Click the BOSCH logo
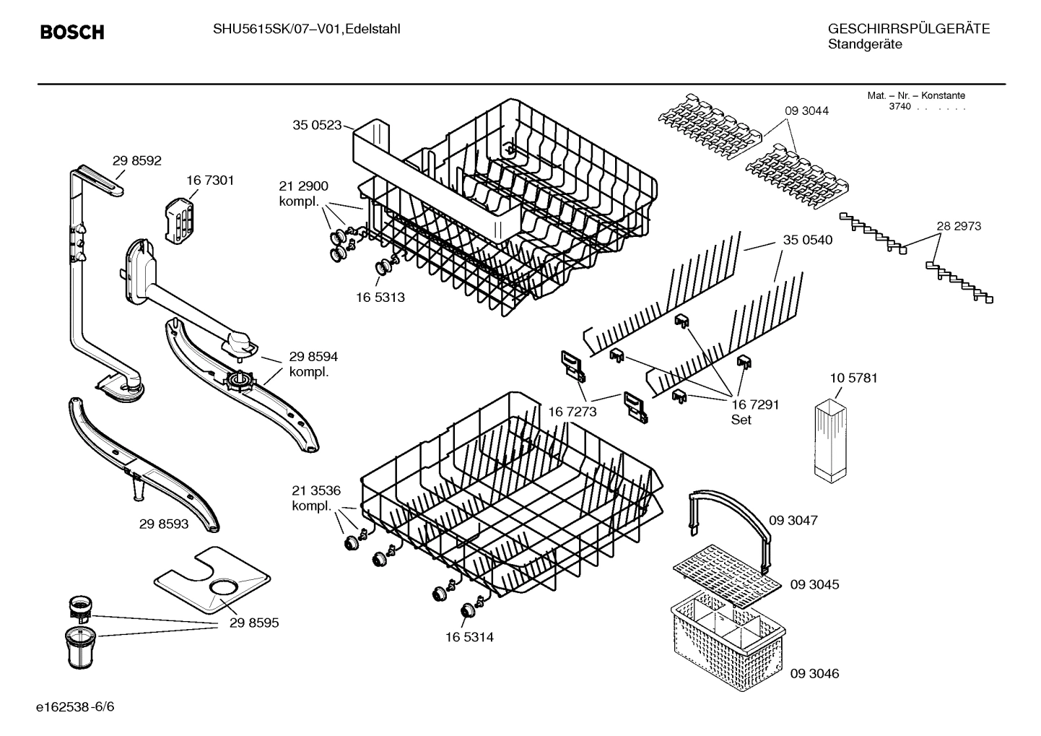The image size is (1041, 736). [x=72, y=33]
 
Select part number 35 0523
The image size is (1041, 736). [x=317, y=125]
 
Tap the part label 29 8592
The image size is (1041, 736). [x=137, y=160]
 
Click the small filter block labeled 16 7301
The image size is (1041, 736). [x=177, y=218]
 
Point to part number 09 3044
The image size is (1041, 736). [x=806, y=111]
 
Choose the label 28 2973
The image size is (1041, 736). [x=959, y=226]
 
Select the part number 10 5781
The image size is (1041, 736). [x=854, y=378]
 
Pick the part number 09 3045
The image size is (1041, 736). [x=814, y=584]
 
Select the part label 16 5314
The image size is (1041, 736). [x=469, y=637]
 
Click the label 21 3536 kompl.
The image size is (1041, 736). [x=316, y=498]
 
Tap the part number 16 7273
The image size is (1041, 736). [x=572, y=412]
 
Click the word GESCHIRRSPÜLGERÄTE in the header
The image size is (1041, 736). [x=908, y=29]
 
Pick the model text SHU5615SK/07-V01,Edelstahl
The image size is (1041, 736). [x=306, y=29]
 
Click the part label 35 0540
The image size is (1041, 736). [x=808, y=240]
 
